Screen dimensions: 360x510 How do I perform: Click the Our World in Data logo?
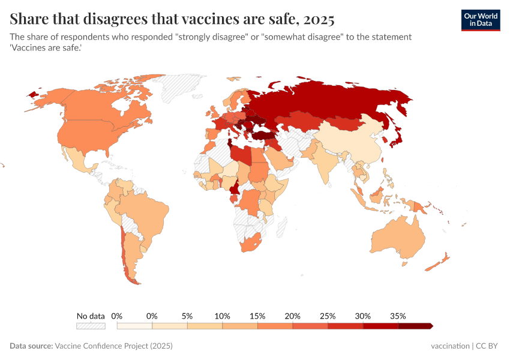click(x=480, y=20)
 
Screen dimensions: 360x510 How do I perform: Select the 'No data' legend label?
click(x=91, y=316)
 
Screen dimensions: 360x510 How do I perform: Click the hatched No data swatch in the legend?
click(x=91, y=326)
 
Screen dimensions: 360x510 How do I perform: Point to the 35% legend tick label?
click(x=398, y=316)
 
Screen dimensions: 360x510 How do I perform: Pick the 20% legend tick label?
click(x=292, y=316)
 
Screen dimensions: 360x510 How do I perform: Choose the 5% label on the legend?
click(x=187, y=316)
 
